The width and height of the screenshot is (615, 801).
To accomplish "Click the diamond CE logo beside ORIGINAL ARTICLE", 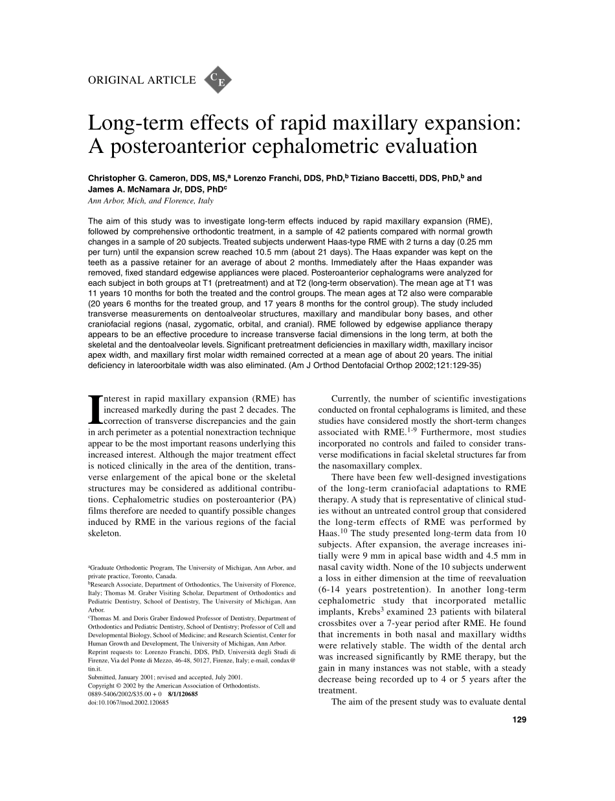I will [218, 80].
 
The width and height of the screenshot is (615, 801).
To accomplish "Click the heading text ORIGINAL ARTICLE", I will [141, 80].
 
